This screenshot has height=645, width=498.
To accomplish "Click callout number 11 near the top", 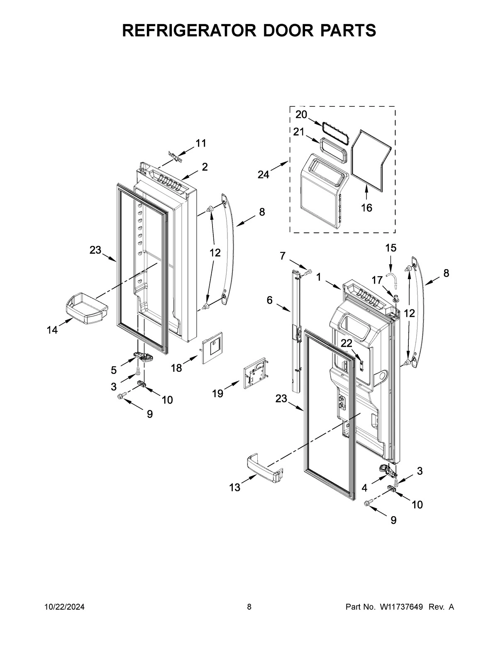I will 201,143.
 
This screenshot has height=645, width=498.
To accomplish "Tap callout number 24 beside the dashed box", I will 263,175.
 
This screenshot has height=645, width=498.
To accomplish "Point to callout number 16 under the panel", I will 366,208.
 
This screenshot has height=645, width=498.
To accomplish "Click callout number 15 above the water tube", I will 391,248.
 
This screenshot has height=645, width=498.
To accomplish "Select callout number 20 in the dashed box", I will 301,115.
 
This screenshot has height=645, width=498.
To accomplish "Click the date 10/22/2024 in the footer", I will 64,607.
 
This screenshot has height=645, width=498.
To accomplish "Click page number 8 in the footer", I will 249,607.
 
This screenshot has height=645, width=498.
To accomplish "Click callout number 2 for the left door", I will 205,167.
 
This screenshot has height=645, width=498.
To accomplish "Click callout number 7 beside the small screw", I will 283,256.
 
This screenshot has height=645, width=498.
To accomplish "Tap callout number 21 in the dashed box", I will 299,132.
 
